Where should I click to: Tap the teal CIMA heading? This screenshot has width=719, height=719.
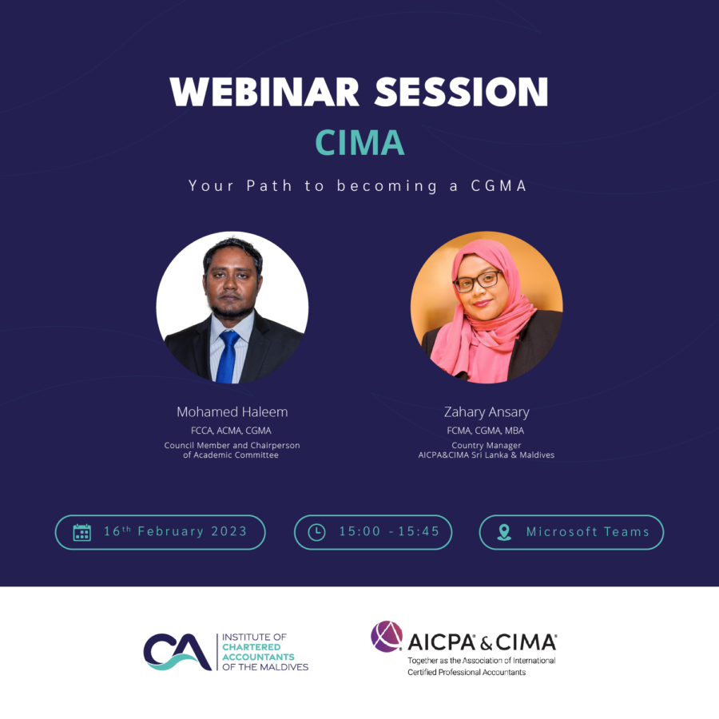[359, 142]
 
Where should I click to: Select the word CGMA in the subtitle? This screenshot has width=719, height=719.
[500, 186]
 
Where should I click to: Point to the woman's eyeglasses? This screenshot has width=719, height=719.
[478, 280]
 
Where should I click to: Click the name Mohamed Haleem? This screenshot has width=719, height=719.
[232, 412]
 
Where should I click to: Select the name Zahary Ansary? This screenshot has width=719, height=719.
[487, 412]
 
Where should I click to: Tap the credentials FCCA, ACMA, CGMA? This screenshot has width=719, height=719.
[232, 431]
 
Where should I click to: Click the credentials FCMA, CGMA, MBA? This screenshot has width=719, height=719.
[486, 431]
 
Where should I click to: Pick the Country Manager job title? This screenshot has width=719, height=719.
[486, 445]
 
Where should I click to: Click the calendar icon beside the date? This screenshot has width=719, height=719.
[81, 532]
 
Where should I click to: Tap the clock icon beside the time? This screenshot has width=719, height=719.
[316, 532]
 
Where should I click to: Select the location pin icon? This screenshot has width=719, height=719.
[504, 532]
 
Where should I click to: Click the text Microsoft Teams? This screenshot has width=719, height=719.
[587, 532]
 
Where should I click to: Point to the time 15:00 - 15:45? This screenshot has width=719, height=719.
[389, 532]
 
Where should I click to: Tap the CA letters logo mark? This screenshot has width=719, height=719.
[177, 652]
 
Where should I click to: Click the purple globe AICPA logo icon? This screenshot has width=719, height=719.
[387, 637]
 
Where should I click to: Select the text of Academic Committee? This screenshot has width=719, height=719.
[231, 455]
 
